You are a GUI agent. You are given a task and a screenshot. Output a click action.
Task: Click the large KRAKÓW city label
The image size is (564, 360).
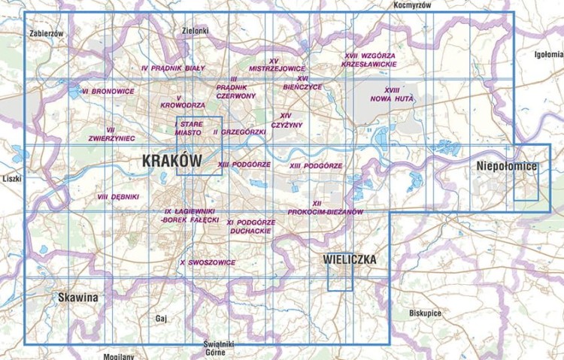172,161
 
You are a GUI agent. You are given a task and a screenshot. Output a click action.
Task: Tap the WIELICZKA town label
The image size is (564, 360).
350,260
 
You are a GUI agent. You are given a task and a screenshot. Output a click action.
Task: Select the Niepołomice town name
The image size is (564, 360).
508,166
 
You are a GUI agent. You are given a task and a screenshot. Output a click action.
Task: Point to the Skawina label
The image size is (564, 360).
77,298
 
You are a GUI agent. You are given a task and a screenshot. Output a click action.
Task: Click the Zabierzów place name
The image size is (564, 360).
46,34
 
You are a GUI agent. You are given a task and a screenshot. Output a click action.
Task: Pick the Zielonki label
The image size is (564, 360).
195,31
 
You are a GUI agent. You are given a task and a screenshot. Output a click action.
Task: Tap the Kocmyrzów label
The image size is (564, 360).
413,5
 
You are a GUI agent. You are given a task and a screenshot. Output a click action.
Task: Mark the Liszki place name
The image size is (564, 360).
13,179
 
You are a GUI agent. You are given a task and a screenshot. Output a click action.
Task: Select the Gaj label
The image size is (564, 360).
159,319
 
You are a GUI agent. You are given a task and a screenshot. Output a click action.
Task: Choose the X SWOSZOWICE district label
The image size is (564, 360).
208,262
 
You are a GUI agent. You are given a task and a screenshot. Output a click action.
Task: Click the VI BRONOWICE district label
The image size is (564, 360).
108,91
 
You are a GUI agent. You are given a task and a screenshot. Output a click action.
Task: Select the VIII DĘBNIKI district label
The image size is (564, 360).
118,196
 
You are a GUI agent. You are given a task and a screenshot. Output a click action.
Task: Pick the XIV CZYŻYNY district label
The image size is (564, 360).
286,120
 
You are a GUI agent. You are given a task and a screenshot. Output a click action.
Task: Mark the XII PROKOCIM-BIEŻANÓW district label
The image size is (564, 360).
325,207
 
